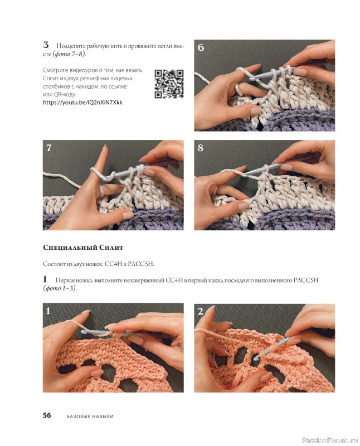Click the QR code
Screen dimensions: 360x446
click(169, 84)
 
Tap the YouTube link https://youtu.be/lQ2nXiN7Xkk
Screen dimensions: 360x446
click(82, 103)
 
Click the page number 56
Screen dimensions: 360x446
click(47, 415)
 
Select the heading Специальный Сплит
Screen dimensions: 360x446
click(83, 248)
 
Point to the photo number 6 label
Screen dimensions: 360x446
click(201, 47)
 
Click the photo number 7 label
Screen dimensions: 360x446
click(49, 148)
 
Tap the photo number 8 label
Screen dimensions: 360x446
click(201, 148)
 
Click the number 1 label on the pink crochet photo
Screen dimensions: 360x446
click(48, 311)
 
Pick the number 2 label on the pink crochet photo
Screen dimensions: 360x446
click(201, 312)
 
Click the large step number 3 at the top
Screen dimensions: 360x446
click(46, 45)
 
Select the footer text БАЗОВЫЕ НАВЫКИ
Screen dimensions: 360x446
click(90, 416)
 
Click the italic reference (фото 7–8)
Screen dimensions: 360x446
click(69, 54)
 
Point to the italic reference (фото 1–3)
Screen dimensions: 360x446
click(60, 288)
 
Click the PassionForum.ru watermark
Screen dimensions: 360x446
click(329, 440)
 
